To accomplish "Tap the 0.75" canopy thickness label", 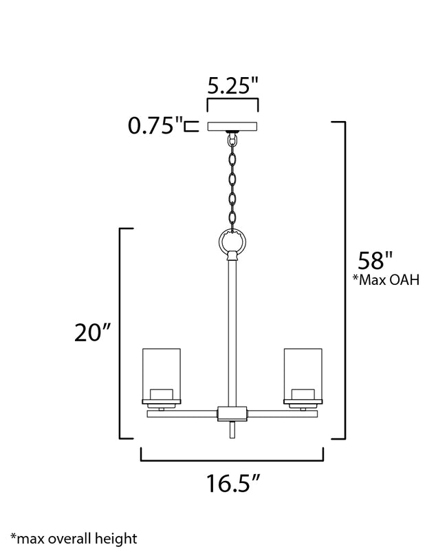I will click(x=155, y=126).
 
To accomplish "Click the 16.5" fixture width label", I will click(x=232, y=484).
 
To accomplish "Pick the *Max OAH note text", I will click(x=386, y=280).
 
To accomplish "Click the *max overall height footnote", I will click(x=74, y=538).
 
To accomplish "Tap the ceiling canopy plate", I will click(x=232, y=127).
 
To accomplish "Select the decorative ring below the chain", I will click(x=232, y=242).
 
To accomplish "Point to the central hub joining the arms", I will click(x=232, y=413).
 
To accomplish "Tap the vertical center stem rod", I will click(x=232, y=330).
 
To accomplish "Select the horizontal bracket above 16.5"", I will click(x=232, y=460).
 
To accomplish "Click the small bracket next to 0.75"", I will click(x=192, y=126).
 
